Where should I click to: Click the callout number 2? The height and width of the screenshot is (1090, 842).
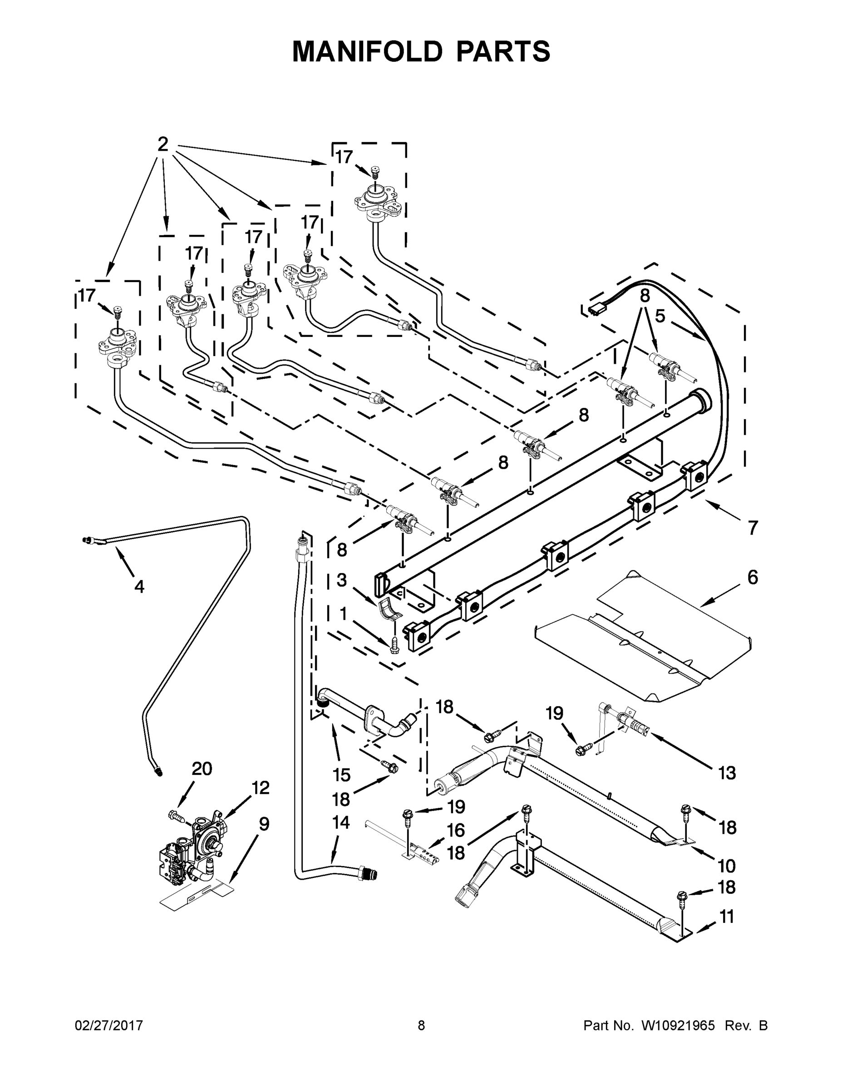[x=162, y=145]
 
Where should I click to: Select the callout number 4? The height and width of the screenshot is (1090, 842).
[x=139, y=587]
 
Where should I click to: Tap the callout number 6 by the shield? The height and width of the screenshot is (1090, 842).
[x=753, y=577]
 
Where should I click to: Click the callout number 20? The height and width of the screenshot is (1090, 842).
[x=202, y=768]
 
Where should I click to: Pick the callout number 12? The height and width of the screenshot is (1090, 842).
[x=261, y=788]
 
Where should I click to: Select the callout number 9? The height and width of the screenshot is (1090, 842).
[x=264, y=824]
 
